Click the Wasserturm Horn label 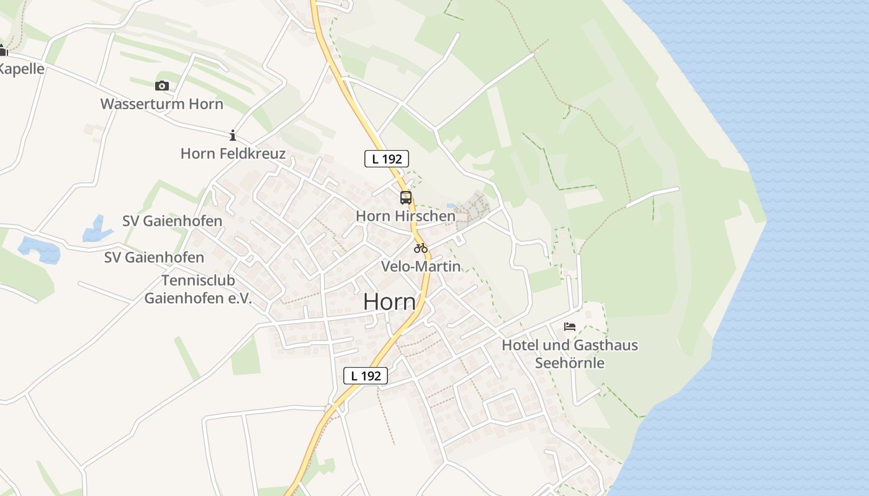[161, 104]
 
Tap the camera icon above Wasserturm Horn [162, 86]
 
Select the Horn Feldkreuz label [233, 153]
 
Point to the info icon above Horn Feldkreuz [233, 135]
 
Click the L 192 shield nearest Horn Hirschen [386, 159]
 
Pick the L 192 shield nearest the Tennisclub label [366, 375]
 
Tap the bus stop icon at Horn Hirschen [405, 198]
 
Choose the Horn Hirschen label [405, 216]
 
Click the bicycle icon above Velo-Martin [421, 248]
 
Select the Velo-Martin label [421, 267]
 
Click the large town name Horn [389, 302]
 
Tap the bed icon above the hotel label [570, 327]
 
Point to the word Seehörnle [570, 363]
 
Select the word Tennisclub [198, 280]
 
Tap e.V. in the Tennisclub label [238, 298]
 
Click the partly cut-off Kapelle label [22, 69]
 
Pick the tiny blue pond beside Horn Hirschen [450, 205]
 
